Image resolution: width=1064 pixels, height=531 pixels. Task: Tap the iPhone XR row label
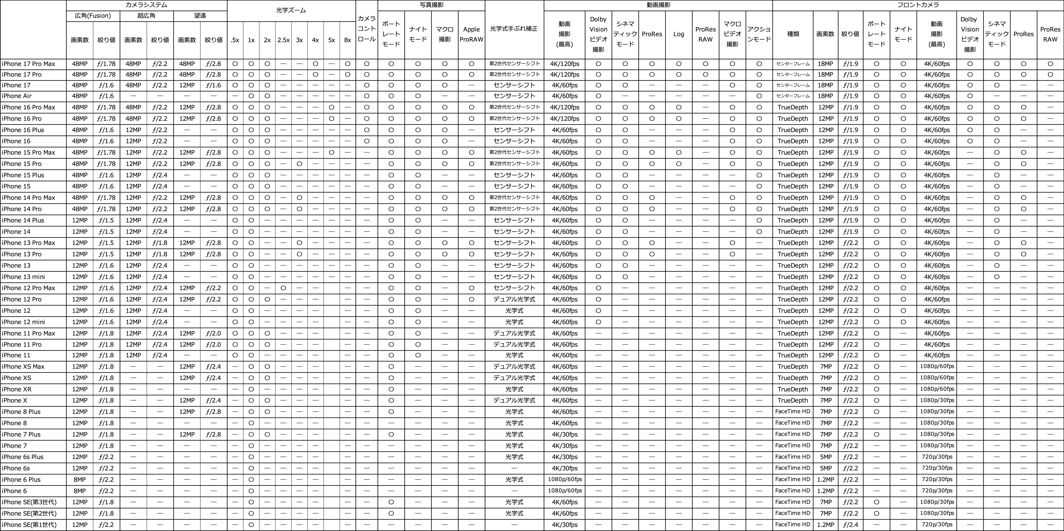tap(17, 389)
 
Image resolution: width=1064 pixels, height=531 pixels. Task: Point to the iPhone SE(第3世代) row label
tap(29, 502)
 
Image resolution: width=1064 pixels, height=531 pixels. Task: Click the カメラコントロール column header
tap(366, 29)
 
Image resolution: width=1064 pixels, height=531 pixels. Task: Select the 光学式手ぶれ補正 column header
tap(514, 29)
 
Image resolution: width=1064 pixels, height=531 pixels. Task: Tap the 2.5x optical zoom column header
tap(283, 40)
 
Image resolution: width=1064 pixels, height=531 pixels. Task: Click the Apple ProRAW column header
tap(471, 34)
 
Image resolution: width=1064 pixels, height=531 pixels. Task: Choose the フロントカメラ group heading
tap(918, 5)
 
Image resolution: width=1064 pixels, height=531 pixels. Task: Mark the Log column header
tap(679, 34)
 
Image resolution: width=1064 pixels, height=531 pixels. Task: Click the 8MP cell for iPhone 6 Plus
tap(80, 479)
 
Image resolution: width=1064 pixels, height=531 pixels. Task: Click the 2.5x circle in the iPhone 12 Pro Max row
tap(283, 288)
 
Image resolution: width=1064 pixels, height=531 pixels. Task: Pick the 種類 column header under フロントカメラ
tap(793, 34)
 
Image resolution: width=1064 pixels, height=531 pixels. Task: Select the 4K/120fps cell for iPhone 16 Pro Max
tap(565, 107)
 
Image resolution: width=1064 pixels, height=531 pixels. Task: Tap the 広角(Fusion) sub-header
tap(93, 16)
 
